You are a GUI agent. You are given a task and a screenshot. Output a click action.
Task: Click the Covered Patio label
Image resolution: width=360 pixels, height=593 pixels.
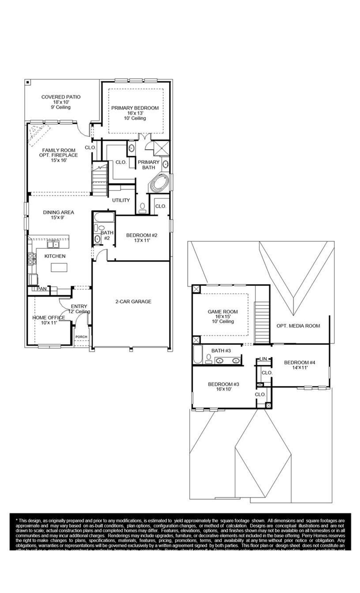[61, 97]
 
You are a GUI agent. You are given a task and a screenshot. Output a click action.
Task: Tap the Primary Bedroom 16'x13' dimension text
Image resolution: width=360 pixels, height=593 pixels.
[135, 113]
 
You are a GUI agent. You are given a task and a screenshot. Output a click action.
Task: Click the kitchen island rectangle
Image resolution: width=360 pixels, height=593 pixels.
[59, 267]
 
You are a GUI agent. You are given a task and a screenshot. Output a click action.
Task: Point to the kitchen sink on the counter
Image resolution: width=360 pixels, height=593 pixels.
[53, 244]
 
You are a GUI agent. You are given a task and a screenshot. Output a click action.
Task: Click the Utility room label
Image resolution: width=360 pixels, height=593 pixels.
[121, 200]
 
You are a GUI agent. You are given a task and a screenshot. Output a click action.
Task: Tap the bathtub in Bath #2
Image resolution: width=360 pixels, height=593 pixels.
[104, 217]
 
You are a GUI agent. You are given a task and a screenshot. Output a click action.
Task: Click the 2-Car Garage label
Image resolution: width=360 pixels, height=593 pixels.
[133, 302]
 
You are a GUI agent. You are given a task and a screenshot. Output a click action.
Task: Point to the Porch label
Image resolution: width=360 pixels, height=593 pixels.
[82, 337]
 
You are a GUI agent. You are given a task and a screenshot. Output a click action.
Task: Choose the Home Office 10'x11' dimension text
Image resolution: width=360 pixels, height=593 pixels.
[49, 323]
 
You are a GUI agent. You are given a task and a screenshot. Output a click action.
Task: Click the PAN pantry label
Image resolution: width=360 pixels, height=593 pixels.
[42, 289]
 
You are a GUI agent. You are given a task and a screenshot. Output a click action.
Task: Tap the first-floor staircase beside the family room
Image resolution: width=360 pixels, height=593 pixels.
[100, 179]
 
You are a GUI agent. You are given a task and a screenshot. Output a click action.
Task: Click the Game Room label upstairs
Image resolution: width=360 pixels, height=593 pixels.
[222, 312]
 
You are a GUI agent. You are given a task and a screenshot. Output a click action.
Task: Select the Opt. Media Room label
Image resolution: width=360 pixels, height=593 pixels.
[298, 326]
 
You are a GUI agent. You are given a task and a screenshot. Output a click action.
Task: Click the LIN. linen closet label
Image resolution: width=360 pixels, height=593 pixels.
[264, 359]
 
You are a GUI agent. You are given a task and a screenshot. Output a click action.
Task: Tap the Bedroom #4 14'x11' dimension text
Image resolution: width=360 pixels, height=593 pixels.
[300, 368]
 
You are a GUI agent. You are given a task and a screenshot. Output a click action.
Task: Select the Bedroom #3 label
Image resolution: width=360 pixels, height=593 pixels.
[223, 384]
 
